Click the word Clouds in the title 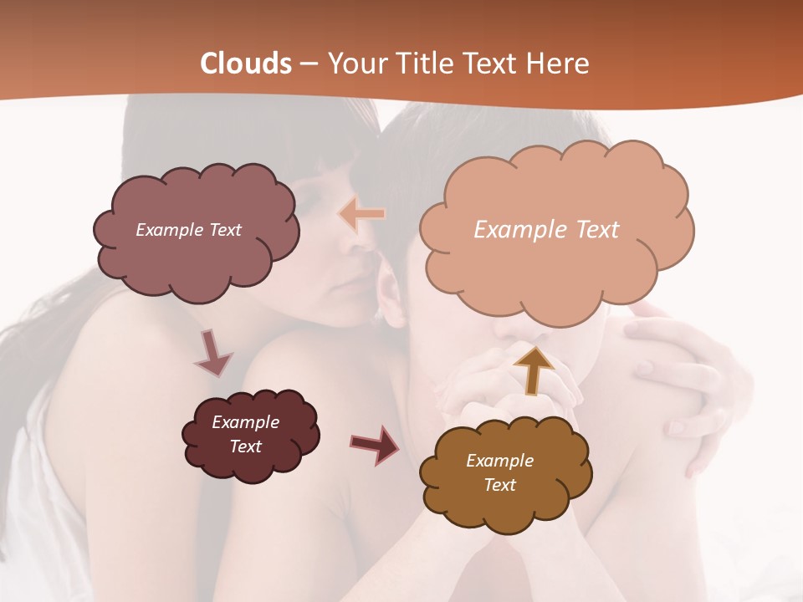[x=246, y=64]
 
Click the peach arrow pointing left [x=362, y=214]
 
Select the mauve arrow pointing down [x=212, y=353]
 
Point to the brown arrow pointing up [x=533, y=370]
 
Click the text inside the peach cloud [x=546, y=230]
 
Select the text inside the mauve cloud [x=188, y=230]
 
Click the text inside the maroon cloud [x=246, y=434]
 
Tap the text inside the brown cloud [x=499, y=472]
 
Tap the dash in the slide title [x=309, y=64]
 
